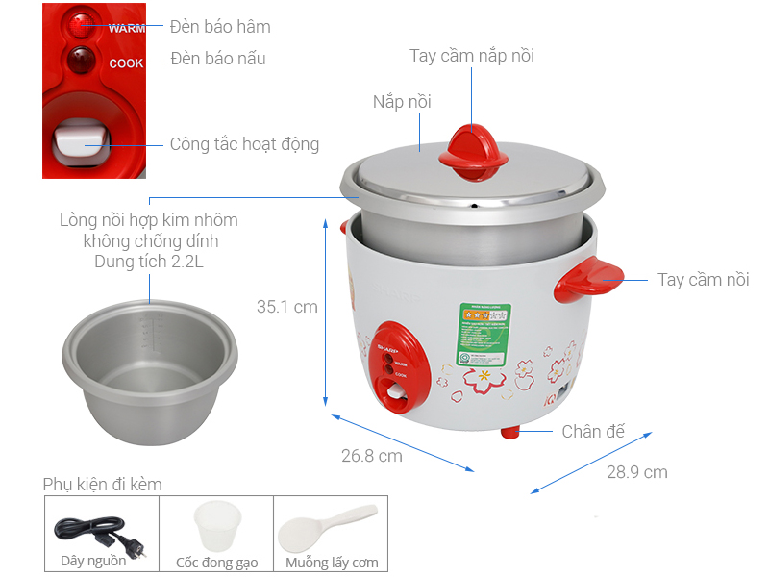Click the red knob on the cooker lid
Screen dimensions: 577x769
472,153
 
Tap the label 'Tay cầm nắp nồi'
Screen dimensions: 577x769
471,56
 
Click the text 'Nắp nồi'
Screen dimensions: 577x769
402,102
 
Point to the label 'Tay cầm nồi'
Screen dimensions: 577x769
703,280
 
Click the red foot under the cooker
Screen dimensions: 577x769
510,432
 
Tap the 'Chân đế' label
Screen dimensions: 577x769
593,431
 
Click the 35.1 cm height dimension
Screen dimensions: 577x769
286,307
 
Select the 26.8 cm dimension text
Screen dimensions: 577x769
371,455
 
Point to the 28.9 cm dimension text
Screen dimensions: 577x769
636,472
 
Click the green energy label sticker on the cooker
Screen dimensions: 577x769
481,333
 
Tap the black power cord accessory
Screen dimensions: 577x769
92,530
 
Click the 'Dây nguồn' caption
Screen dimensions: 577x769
93,562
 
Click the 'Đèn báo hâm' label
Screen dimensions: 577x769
220,26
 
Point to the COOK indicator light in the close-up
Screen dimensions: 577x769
81,62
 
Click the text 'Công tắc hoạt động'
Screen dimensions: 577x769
244,144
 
